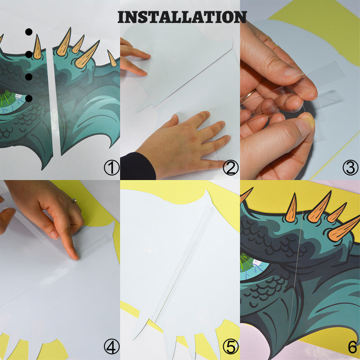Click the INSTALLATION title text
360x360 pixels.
(x=182, y=17)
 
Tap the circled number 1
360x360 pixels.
(x=112, y=167)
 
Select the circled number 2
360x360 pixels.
(x=231, y=167)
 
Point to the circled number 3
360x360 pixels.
(x=351, y=167)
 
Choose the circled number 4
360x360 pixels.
(x=112, y=346)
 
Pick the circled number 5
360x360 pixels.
(x=231, y=346)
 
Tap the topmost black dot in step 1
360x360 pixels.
(x=29, y=32)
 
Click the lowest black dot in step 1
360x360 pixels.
(x=29, y=99)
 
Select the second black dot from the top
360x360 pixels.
(x=29, y=54)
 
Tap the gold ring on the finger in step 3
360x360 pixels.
(x=248, y=96)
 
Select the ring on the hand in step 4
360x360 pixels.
(x=74, y=201)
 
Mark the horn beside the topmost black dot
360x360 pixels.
(x=37, y=47)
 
